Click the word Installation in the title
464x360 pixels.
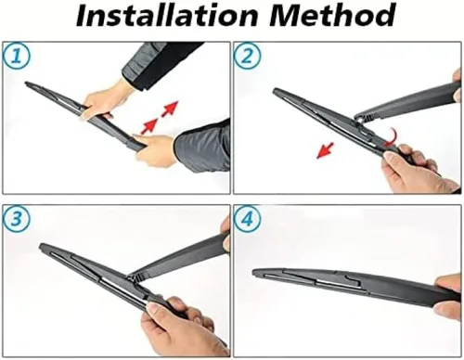click(x=166, y=16)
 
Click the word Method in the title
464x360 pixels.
click(x=332, y=16)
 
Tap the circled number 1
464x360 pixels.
click(x=17, y=57)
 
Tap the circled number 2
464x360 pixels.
click(x=247, y=57)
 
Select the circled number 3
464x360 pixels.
click(x=17, y=219)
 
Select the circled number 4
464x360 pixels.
click(x=247, y=219)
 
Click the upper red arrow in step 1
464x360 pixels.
click(x=170, y=109)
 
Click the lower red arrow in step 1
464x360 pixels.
click(x=149, y=127)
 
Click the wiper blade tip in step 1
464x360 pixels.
click(x=26, y=83)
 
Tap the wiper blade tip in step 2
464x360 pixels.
click(x=275, y=90)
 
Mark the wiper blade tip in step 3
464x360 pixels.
click(x=42, y=246)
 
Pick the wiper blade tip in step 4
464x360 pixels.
click(x=255, y=273)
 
